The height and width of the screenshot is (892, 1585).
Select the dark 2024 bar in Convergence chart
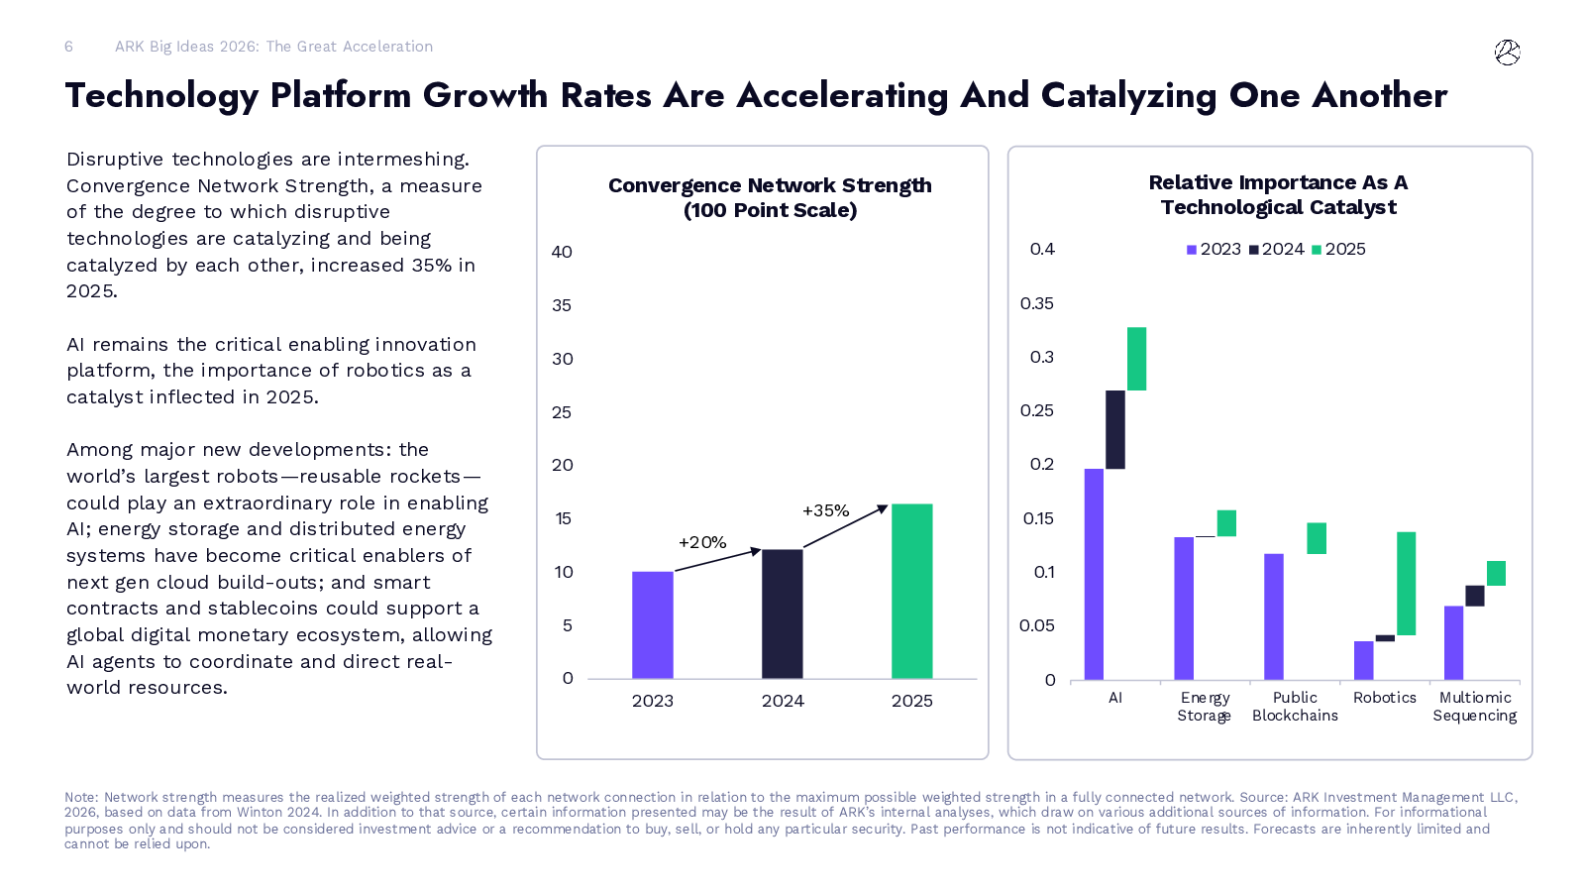[x=782, y=613]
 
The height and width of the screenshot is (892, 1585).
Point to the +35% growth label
[x=825, y=510]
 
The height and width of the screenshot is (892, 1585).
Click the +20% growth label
[x=702, y=542]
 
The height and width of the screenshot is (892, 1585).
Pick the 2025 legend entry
[x=1338, y=250]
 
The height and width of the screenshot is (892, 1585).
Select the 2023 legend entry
[x=1214, y=250]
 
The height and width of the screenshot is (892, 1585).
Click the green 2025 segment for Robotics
[x=1406, y=583]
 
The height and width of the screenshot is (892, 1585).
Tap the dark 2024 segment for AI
[x=1114, y=429]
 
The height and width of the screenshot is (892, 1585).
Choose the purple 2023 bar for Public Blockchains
[x=1273, y=615]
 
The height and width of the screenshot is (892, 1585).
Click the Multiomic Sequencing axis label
[x=1474, y=707]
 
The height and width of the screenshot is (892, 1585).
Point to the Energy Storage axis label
[x=1204, y=707]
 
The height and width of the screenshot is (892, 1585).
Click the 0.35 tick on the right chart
[x=1036, y=303]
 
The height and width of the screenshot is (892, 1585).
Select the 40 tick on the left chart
[x=562, y=252]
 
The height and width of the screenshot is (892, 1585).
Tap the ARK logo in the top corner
[x=1507, y=53]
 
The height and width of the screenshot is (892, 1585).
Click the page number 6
[x=68, y=47]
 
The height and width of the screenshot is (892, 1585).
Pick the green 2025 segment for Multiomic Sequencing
[x=1496, y=573]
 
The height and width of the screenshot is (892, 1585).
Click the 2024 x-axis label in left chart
[x=782, y=701]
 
